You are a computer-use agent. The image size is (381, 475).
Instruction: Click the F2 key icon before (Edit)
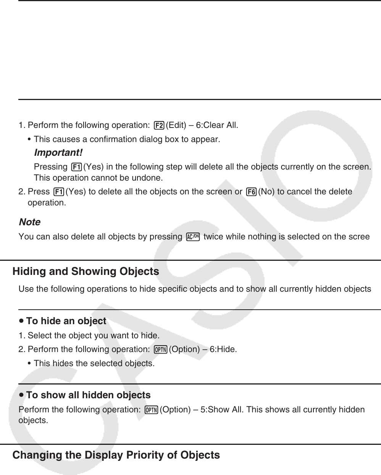click(x=159, y=126)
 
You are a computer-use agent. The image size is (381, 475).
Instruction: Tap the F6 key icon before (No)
click(x=251, y=192)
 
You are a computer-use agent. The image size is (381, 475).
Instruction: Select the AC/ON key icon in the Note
click(x=193, y=237)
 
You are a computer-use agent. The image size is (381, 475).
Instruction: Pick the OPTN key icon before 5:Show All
click(x=152, y=410)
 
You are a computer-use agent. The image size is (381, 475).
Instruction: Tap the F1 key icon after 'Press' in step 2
click(x=59, y=192)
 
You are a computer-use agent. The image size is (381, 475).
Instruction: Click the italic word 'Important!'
click(x=58, y=153)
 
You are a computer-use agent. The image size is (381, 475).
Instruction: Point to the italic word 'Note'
click(x=29, y=222)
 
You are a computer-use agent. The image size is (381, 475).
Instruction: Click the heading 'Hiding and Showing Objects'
click(x=86, y=272)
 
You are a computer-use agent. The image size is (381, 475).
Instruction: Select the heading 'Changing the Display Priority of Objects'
click(x=116, y=455)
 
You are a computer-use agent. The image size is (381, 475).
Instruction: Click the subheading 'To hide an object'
click(x=66, y=321)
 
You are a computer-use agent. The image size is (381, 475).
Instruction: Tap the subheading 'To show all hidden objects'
click(x=88, y=395)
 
